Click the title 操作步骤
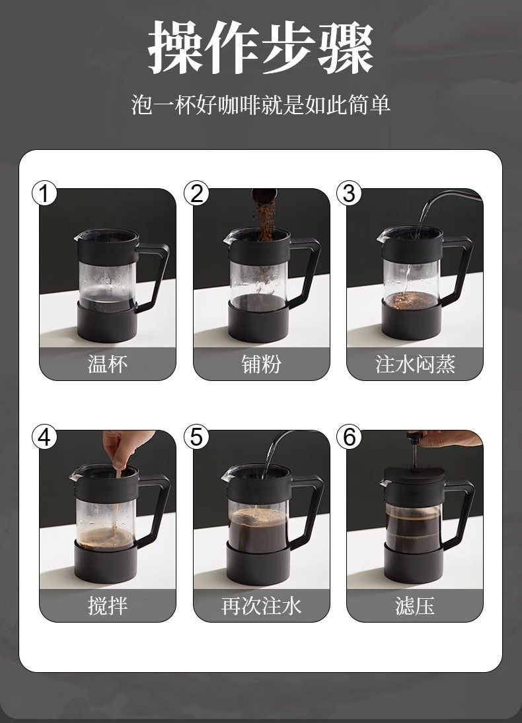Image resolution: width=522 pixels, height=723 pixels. [261, 48]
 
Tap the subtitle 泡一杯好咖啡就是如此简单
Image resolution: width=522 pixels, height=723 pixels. [261, 105]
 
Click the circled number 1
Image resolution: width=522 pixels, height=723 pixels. [44, 193]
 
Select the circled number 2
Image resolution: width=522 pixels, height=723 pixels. [197, 193]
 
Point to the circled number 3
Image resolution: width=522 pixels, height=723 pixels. [349, 193]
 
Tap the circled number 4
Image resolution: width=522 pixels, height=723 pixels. [44, 436]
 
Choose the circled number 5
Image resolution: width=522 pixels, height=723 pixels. [197, 436]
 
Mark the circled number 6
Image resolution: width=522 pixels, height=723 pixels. [349, 436]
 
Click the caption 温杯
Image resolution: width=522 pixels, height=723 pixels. [108, 364]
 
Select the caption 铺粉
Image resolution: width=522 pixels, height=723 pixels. [261, 364]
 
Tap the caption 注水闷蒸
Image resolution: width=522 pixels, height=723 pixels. [415, 364]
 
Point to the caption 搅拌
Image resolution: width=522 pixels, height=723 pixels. [108, 605]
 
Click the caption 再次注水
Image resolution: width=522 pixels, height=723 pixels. [261, 605]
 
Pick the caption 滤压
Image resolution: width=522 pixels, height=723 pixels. [415, 605]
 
